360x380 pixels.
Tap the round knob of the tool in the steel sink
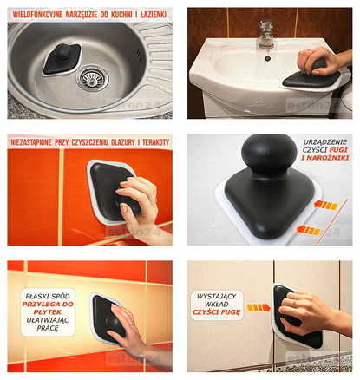click(x=63, y=52)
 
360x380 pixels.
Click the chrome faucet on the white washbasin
click(x=266, y=33)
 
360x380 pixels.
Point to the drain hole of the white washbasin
click(x=267, y=58)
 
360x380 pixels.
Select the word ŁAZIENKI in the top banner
click(x=154, y=15)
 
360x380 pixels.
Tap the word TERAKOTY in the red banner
click(x=155, y=142)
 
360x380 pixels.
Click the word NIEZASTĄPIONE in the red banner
click(x=31, y=142)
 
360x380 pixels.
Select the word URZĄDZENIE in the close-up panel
click(x=324, y=142)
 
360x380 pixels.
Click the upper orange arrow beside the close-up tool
click(x=325, y=205)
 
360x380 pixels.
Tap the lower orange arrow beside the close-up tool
click(x=308, y=230)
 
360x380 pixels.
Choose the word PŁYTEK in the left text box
click(x=48, y=312)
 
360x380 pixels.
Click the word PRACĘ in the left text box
click(x=48, y=329)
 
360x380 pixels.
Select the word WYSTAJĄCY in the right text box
click(x=217, y=296)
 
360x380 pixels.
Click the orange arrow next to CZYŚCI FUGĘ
click(x=258, y=307)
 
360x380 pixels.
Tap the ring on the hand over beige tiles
click(x=294, y=304)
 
